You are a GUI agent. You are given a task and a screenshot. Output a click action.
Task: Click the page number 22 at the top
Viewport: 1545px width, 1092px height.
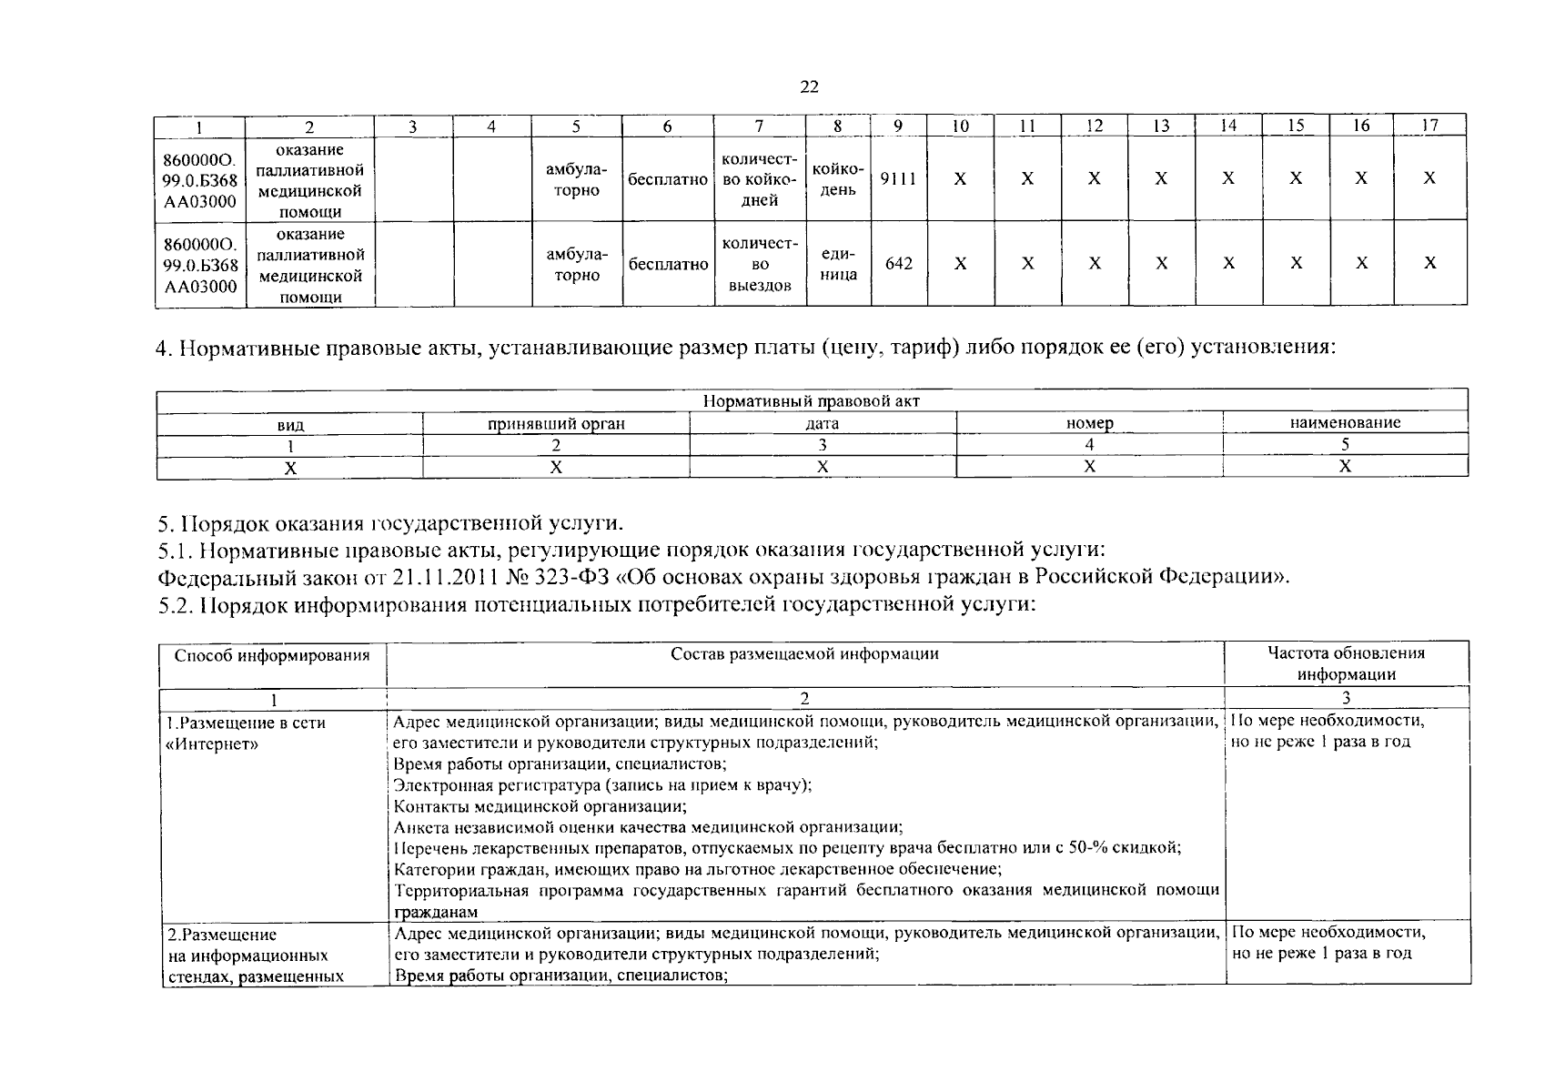coord(809,87)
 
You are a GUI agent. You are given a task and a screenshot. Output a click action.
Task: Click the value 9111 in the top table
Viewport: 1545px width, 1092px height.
coord(898,178)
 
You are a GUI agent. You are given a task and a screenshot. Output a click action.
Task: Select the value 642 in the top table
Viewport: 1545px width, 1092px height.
coord(898,264)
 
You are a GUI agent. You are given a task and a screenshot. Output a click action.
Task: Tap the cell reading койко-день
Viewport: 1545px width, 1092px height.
coord(838,179)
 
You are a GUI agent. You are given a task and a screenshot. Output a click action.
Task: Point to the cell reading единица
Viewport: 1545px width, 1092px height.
coord(838,264)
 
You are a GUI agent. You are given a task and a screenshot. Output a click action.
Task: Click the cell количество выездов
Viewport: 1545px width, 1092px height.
coord(760,264)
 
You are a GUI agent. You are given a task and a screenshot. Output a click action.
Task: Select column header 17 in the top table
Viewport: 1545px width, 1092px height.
coord(1429,126)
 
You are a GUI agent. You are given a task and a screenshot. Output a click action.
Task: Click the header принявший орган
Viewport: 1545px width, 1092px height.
coord(556,423)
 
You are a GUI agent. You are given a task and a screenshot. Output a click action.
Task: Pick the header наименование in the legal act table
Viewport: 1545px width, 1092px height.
coord(1345,422)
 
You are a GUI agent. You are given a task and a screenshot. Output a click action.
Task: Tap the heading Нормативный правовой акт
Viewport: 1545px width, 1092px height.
coord(812,401)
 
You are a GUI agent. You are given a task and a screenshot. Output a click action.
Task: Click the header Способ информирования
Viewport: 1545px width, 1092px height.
coord(272,655)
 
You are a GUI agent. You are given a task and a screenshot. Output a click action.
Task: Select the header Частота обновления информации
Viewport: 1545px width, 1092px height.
coord(1346,663)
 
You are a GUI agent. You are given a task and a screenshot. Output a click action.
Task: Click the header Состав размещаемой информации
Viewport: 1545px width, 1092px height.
coord(804,653)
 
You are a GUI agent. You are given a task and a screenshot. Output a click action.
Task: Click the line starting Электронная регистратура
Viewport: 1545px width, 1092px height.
coord(602,784)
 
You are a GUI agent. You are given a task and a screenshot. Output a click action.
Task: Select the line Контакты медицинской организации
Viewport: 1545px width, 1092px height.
coord(540,806)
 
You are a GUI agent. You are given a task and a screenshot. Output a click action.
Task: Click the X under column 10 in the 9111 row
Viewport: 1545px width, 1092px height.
coord(960,179)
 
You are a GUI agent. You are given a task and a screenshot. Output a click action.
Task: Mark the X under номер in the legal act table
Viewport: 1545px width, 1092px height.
coord(1089,467)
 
